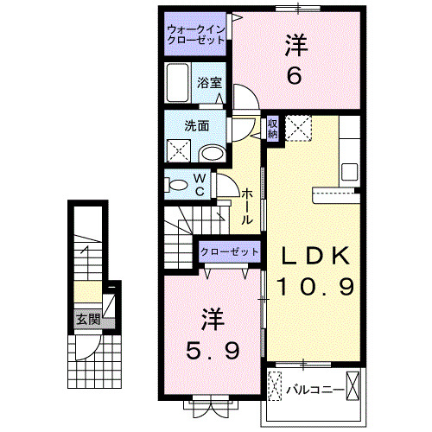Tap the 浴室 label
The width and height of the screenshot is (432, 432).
[x=210, y=83]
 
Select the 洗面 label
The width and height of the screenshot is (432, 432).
[x=197, y=124]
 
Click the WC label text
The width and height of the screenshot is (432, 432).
[x=199, y=186]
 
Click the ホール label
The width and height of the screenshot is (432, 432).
[x=247, y=207]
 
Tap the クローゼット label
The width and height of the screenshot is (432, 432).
[x=229, y=251]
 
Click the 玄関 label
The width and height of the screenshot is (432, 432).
[x=88, y=319]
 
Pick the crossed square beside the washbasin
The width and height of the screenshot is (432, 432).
[x=179, y=150]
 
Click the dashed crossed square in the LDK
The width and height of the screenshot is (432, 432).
[x=299, y=130]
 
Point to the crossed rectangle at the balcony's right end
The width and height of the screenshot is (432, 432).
[x=356, y=383]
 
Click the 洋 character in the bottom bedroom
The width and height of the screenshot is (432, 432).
[x=214, y=319]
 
